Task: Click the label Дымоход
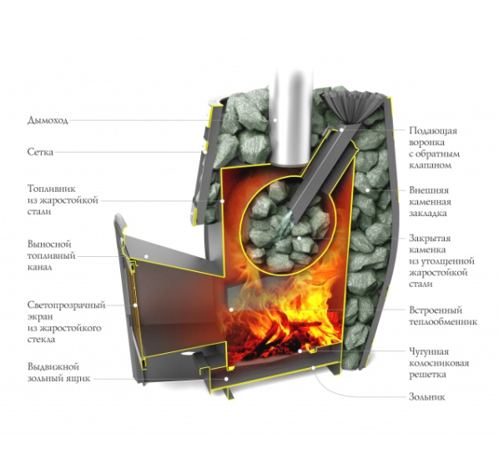48,120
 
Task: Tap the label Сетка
40,152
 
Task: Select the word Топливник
52,189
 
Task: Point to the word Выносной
49,245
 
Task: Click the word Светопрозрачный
66,305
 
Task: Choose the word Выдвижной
53,366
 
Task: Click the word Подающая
433,131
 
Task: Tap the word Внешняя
429,190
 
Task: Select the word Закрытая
430,239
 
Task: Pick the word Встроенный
435,310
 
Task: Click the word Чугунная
429,352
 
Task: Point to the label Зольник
426,397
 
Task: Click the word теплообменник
443,322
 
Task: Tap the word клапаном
430,165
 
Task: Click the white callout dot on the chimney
275,120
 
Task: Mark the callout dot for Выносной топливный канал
146,255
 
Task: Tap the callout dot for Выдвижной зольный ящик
225,379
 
